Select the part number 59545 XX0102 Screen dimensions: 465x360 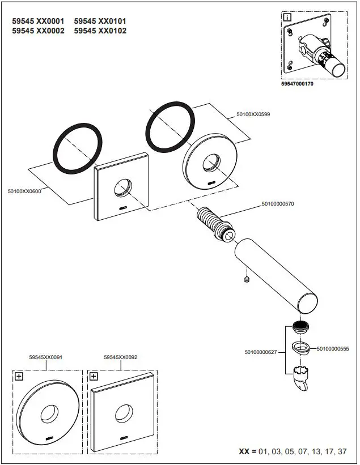point(100,31)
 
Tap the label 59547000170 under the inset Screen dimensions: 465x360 point(297,83)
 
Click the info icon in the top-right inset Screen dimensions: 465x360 point(287,18)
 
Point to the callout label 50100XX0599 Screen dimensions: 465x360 point(253,114)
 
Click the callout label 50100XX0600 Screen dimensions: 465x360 point(25,192)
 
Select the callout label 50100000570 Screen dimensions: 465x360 point(278,204)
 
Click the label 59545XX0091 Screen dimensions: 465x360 point(45,357)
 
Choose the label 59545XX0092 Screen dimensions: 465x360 point(121,357)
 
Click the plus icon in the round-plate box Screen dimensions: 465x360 point(19,376)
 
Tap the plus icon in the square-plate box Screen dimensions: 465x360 point(94,376)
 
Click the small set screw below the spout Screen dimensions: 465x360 point(246,279)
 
